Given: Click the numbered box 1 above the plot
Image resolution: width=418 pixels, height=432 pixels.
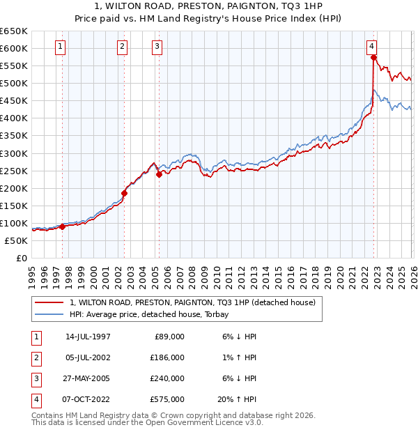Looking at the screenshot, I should click(x=61, y=47).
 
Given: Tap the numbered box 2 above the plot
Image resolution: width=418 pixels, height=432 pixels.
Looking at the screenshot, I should click(x=123, y=47).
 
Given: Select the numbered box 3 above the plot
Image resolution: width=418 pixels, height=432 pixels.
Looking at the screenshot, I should click(x=157, y=47).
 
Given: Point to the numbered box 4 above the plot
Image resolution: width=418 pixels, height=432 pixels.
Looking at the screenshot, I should click(x=372, y=47).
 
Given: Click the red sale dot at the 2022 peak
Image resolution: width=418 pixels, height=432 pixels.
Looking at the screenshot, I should click(x=373, y=57).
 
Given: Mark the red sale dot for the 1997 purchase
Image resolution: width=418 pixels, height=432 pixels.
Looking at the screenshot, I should click(x=62, y=226).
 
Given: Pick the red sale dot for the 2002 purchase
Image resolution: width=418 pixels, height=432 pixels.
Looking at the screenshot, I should click(x=124, y=193).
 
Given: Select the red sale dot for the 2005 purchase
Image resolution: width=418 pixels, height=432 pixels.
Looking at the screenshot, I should click(x=159, y=174).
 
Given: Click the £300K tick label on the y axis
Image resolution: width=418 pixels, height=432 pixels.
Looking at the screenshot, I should click(x=14, y=153).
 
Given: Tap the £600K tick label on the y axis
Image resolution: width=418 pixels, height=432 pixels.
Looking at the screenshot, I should click(x=14, y=48).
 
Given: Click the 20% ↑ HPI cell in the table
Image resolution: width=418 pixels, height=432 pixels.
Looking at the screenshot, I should click(x=238, y=399).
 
